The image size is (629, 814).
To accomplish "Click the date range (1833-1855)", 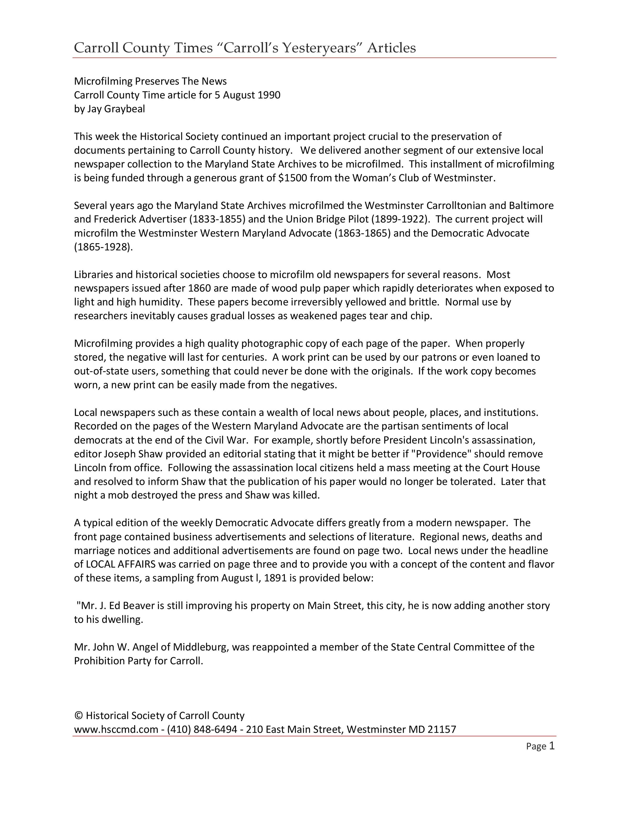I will click(x=218, y=219).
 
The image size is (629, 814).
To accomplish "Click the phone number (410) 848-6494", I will click(x=202, y=729).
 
